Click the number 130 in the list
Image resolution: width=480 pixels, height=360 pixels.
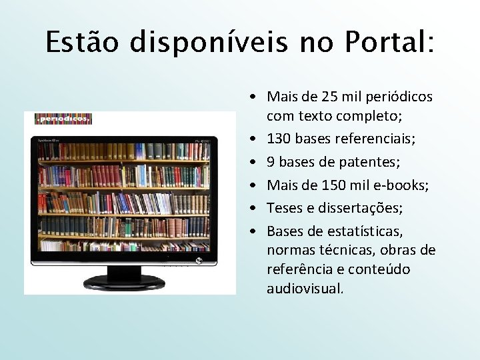pos(279,139)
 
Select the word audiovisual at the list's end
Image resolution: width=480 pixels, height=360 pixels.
pos(305,289)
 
